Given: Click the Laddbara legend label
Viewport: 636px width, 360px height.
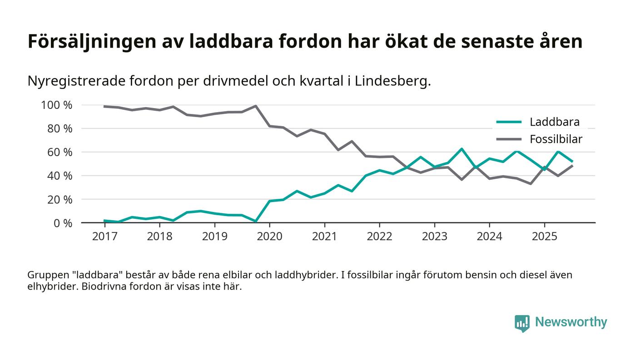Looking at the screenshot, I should (x=554, y=122).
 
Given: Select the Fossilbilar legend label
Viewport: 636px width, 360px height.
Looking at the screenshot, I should (x=556, y=139).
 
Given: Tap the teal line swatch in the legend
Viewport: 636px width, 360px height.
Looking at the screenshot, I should (x=508, y=122).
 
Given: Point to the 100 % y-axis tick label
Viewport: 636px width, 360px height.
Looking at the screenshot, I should (x=57, y=105).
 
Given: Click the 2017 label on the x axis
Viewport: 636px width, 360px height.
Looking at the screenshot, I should (x=104, y=237).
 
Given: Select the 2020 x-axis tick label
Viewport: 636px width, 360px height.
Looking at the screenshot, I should (x=269, y=237).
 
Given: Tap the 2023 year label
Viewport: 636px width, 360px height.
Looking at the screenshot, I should (x=434, y=237).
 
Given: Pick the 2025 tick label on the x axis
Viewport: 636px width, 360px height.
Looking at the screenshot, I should (x=544, y=237).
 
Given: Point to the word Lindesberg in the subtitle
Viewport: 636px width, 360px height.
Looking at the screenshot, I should (x=392, y=81).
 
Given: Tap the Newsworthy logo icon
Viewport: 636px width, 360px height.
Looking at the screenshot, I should (x=522, y=323).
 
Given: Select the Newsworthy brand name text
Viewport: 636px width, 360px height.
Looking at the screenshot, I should (x=571, y=322).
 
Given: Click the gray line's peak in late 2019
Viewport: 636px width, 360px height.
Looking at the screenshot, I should (x=256, y=106).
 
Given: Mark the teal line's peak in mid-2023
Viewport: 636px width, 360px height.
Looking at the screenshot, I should (x=462, y=149).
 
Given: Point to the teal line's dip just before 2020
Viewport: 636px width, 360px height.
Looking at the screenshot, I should (x=256, y=221).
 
